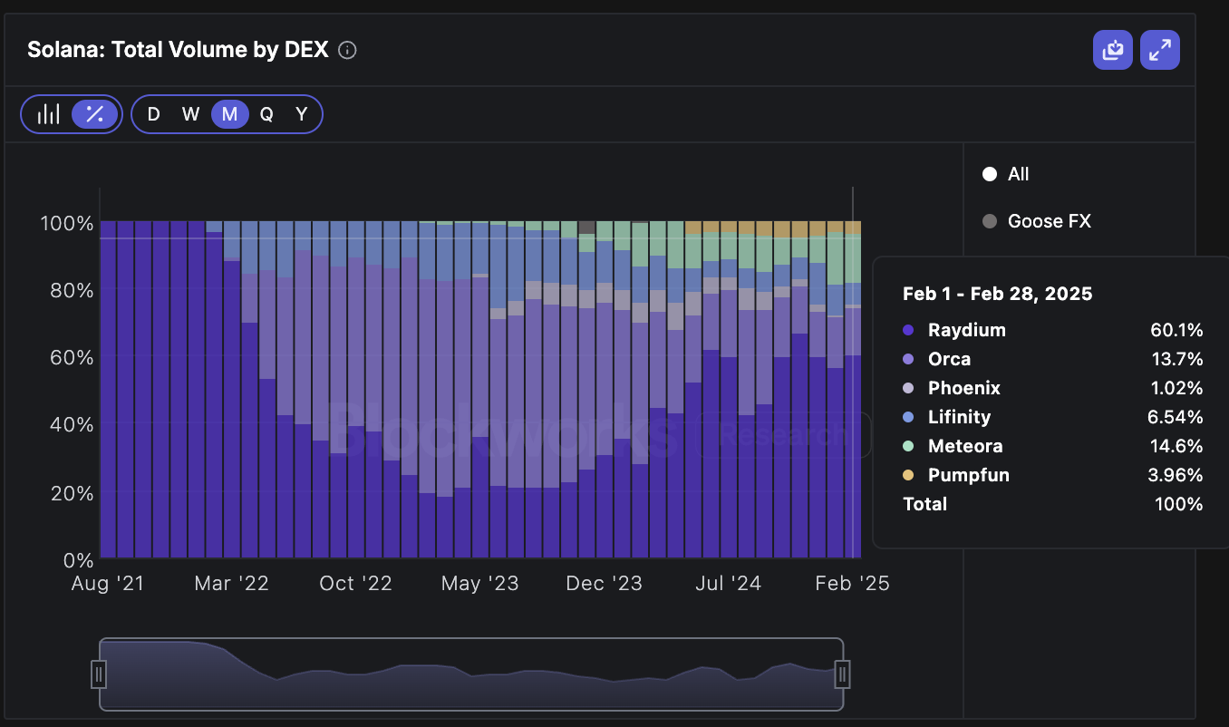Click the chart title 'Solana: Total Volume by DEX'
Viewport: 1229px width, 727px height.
coord(178,50)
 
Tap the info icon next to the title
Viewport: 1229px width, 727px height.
coord(347,51)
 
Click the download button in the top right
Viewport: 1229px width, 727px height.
coord(1112,50)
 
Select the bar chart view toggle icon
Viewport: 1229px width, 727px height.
coord(49,114)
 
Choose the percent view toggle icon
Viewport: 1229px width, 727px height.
coord(95,114)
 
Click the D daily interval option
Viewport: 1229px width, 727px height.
coord(153,114)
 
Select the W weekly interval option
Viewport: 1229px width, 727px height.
coord(190,114)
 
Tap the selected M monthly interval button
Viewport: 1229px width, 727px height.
coord(229,114)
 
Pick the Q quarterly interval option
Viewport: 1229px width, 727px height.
coord(266,114)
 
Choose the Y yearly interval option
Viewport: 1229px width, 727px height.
coord(302,114)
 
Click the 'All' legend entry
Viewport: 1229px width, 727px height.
coord(1018,174)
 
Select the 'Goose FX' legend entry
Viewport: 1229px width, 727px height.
coord(1049,221)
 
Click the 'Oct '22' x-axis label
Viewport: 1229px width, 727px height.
coord(355,584)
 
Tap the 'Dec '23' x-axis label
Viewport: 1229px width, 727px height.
coord(603,584)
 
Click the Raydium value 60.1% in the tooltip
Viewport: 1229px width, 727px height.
coord(1176,330)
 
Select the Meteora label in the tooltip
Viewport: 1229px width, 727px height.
coord(965,446)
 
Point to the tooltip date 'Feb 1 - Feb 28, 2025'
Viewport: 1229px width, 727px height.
coord(997,294)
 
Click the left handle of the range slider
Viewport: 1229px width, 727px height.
coord(99,674)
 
